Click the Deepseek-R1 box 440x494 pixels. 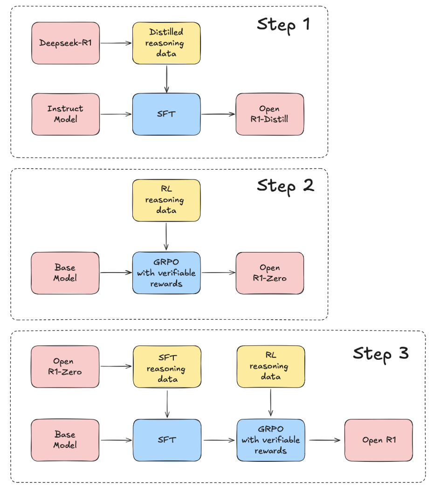[65, 43]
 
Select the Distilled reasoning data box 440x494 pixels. [166, 43]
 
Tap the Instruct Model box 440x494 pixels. [65, 114]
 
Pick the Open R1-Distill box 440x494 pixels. [269, 114]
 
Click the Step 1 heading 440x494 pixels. [283, 25]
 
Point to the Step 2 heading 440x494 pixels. [285, 186]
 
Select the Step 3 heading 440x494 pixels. [380, 353]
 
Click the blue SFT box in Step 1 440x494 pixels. [166, 114]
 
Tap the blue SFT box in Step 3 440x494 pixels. [167, 440]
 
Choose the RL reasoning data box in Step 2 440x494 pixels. [166, 200]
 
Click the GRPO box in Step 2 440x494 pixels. [166, 273]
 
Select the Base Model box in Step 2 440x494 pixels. [65, 273]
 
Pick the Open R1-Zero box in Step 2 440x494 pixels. [269, 273]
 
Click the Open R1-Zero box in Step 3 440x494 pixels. [65, 366]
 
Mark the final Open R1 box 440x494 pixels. [378, 440]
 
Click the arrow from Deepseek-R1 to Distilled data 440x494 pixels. [116, 43]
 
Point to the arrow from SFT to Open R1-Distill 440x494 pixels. [218, 114]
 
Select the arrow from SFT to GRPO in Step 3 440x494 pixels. [219, 440]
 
